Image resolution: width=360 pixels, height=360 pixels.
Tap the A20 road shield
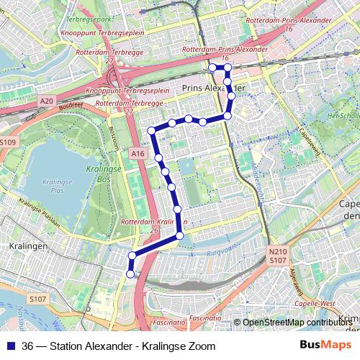[x=47, y=100]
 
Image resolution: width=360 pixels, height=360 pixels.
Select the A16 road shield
[x=139, y=153]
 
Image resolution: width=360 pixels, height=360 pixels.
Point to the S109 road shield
[x=7, y=143]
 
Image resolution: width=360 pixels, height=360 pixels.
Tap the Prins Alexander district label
[x=214, y=88]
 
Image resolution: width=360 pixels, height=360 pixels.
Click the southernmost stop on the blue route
[x=130, y=273]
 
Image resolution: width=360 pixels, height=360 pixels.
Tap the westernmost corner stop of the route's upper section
[x=152, y=130]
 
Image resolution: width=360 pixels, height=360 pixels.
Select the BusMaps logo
[x=325, y=346]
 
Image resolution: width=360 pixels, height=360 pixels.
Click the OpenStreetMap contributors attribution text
[x=295, y=323]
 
